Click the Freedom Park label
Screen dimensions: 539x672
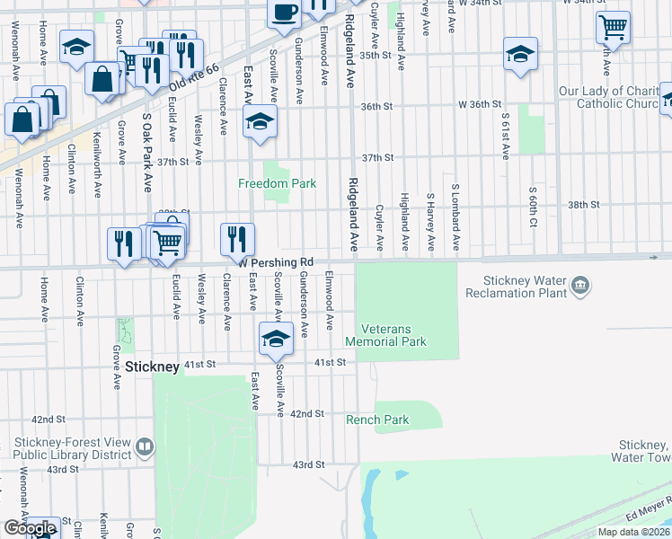pos(277,183)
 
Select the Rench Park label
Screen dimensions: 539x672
pos(377,420)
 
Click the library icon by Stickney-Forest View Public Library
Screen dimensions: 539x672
pos(144,446)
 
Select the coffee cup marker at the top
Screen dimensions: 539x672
pos(285,13)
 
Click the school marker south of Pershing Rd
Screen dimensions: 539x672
pos(276,339)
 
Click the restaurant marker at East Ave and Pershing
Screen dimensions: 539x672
pos(237,240)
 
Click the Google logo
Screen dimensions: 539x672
pos(30,528)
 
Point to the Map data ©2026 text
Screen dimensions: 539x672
pos(633,532)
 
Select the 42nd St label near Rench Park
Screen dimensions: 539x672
pos(306,413)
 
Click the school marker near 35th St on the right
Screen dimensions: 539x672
pos(520,54)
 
